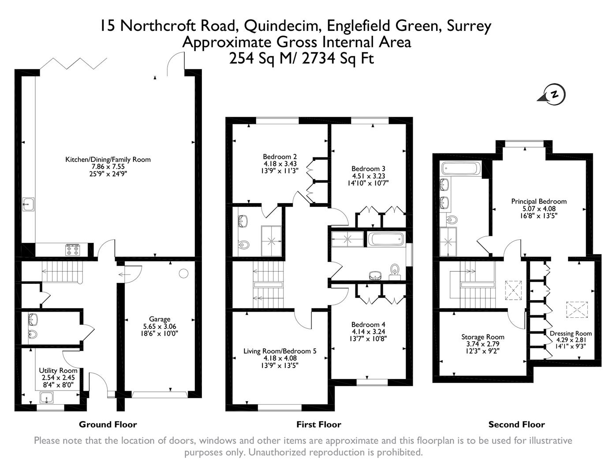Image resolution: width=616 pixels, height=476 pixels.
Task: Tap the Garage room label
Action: (x=159, y=319)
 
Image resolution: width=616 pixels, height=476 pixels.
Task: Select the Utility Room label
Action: (x=58, y=371)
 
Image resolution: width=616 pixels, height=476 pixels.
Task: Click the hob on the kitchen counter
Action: (x=72, y=250)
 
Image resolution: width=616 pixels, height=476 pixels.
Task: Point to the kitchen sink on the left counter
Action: (x=29, y=204)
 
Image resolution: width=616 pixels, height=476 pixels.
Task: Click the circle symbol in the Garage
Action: (x=183, y=273)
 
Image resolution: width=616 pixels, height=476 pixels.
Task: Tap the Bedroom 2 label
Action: (x=280, y=156)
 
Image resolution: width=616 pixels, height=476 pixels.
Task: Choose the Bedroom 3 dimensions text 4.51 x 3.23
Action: (x=368, y=176)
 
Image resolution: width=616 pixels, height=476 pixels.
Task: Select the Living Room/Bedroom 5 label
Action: (x=280, y=351)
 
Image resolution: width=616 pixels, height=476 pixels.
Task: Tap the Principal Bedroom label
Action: (x=538, y=201)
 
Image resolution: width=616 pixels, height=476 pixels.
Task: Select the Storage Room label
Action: (x=482, y=337)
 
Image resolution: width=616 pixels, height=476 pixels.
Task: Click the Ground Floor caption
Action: (x=108, y=424)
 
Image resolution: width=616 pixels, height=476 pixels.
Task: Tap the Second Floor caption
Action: (x=516, y=424)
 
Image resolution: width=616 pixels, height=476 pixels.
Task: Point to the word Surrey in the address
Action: (x=469, y=26)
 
